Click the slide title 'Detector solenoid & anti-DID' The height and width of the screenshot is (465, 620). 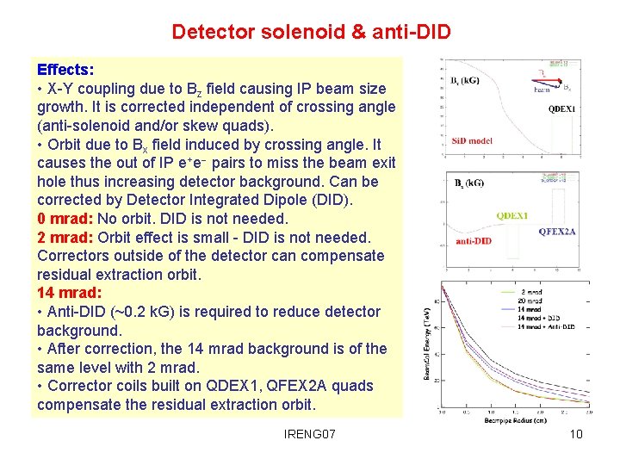311,33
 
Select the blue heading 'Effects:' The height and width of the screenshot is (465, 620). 65,70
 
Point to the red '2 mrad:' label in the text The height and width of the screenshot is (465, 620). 65,238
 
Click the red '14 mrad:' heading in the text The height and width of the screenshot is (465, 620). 69,294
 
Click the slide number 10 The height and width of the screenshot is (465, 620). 576,433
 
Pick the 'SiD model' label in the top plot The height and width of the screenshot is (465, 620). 472,139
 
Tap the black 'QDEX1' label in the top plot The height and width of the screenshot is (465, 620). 562,109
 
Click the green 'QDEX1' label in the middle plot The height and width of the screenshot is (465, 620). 513,215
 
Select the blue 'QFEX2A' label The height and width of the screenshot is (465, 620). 557,231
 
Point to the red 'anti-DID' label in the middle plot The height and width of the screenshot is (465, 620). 474,241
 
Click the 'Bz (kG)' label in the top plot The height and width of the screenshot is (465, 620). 466,81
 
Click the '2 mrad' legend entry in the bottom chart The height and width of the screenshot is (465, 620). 531,293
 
